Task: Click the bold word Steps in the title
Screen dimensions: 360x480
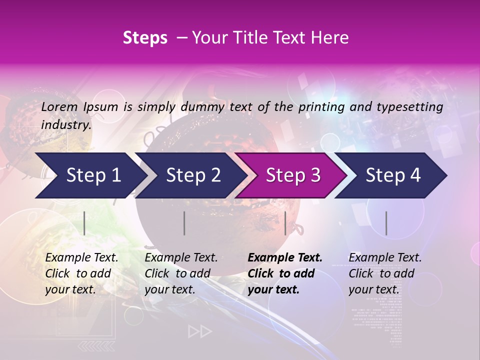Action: (x=145, y=38)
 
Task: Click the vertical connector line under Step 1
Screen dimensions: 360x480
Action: (x=84, y=223)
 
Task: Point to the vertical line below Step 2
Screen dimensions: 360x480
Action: (x=184, y=223)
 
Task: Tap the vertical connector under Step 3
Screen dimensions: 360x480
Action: (x=285, y=223)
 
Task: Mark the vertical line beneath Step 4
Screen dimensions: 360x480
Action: (x=386, y=223)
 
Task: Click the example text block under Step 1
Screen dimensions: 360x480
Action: (x=81, y=273)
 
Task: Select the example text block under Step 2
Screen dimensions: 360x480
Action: (x=181, y=273)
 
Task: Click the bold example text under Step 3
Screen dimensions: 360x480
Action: (x=285, y=273)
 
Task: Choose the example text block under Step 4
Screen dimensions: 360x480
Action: (x=385, y=273)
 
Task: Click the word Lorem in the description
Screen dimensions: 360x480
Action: (x=59, y=107)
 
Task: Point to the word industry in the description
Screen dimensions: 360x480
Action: (x=66, y=125)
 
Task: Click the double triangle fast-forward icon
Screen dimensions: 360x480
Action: (x=199, y=331)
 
